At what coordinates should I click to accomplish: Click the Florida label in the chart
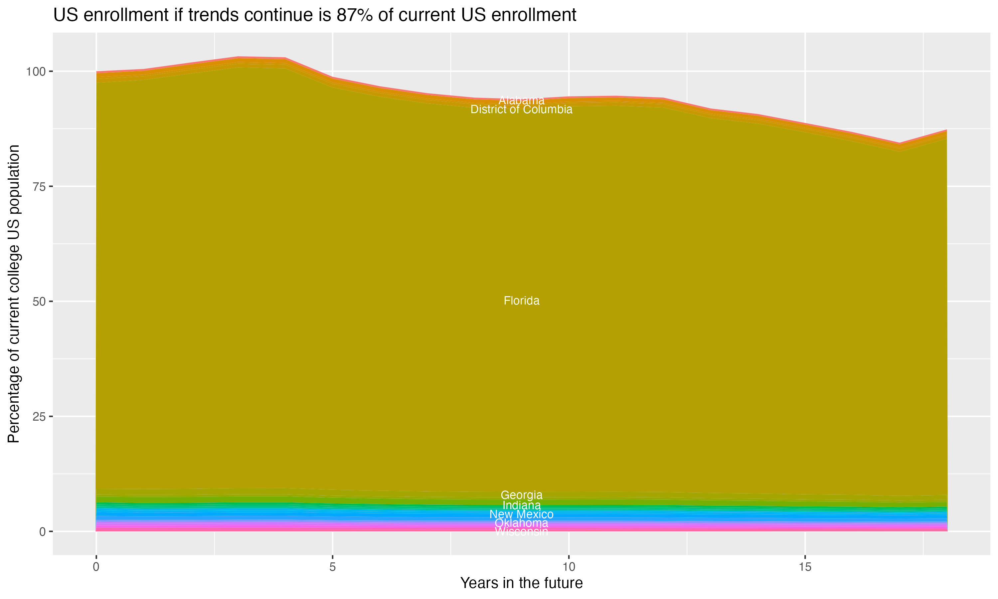[x=521, y=301]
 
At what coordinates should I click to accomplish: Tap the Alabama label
[x=521, y=100]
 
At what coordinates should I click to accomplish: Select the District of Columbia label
[x=521, y=109]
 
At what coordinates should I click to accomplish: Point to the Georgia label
[x=521, y=495]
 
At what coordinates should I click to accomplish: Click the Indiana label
[x=521, y=505]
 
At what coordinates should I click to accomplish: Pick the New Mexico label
[x=521, y=514]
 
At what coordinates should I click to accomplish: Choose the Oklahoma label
[x=521, y=523]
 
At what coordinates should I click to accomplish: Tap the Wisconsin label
[x=521, y=531]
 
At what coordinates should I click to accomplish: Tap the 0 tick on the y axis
[x=42, y=531]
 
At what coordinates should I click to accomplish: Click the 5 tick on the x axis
[x=332, y=567]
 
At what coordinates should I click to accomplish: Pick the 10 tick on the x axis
[x=569, y=567]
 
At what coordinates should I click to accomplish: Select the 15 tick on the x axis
[x=805, y=567]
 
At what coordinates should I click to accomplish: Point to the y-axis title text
[x=14, y=294]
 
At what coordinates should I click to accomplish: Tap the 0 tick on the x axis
[x=96, y=567]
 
